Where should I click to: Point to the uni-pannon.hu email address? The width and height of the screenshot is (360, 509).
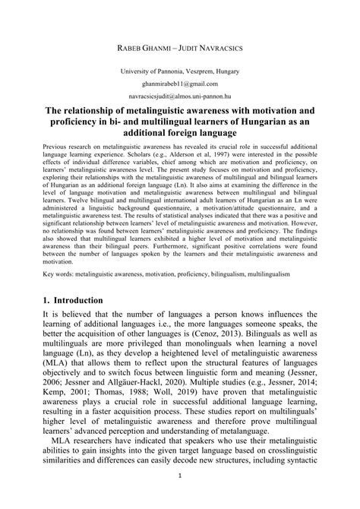(179, 97)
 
